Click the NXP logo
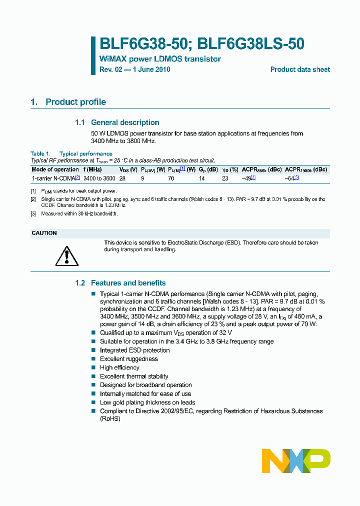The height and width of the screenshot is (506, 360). point(296,461)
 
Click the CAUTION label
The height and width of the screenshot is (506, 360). point(44,233)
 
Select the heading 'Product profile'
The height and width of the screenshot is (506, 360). point(75,102)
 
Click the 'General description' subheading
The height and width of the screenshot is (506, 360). point(125,122)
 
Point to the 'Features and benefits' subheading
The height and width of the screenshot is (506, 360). point(128,283)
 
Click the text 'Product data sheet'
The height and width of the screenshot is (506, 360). point(300,69)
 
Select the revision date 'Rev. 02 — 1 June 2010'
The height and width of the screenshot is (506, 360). point(135,69)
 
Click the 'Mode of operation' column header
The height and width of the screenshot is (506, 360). point(55,169)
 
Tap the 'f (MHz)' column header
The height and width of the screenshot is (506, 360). point(92,169)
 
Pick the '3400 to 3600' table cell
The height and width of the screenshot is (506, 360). point(99,178)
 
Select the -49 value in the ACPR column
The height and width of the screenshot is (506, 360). point(246,178)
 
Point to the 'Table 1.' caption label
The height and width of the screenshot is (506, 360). point(40,154)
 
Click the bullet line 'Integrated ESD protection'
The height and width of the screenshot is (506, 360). point(134,350)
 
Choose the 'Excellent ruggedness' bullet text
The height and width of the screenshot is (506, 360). point(128,359)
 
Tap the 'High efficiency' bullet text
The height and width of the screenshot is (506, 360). point(119,368)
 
